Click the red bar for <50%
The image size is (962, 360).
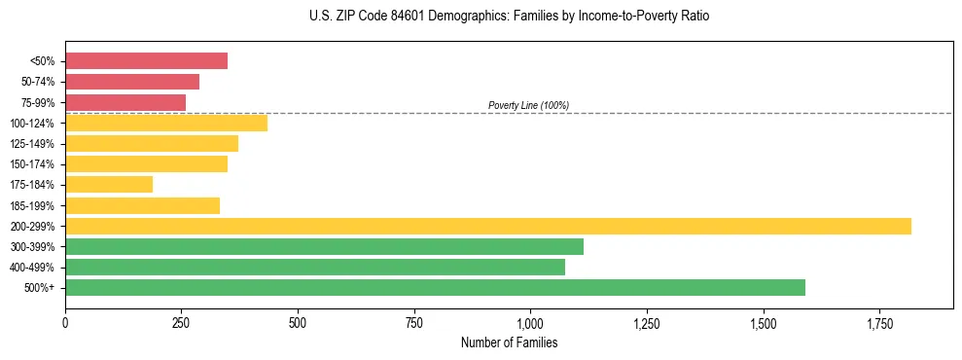(146, 61)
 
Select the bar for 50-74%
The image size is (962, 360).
(132, 82)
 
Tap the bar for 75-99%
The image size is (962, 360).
(125, 102)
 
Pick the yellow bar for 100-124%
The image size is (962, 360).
(166, 123)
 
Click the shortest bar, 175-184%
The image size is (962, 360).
(109, 185)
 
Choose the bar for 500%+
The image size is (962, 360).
(435, 288)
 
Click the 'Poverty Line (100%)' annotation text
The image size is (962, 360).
(528, 105)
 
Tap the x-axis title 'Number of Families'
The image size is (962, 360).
(509, 343)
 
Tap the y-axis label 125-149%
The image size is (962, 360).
(33, 144)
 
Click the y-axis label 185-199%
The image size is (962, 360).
(33, 206)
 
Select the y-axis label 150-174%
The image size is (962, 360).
(33, 164)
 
